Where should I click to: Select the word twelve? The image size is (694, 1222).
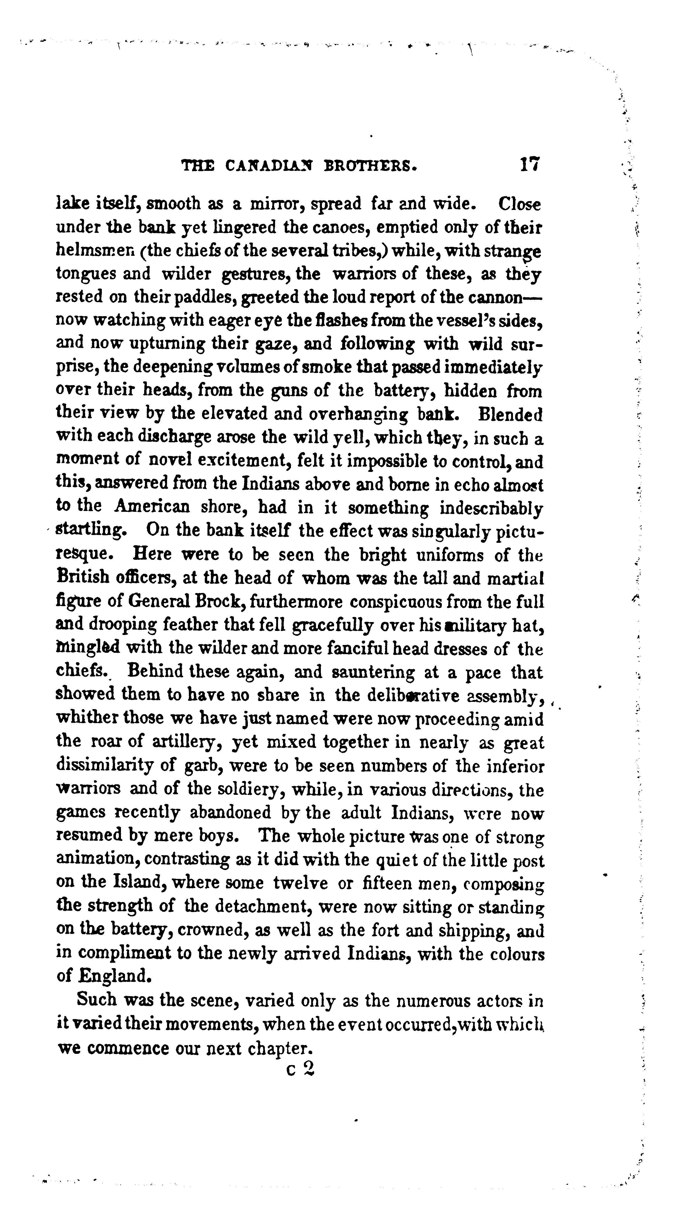300,883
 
